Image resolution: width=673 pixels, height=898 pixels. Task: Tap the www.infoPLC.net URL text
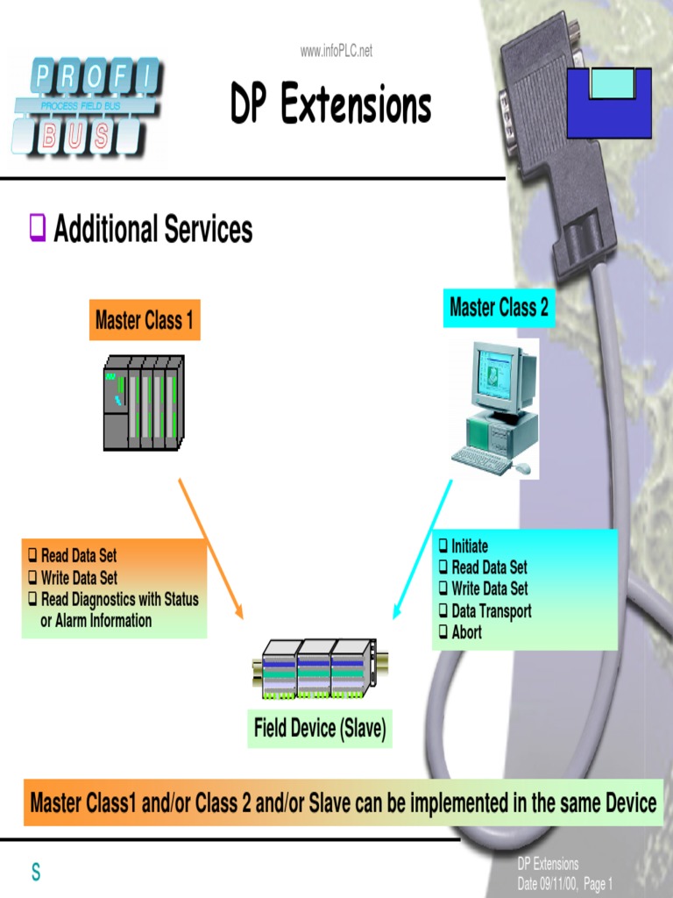coord(336,51)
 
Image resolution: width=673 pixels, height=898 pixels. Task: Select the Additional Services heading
coord(152,230)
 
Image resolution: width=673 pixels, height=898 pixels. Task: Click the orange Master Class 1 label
coord(145,321)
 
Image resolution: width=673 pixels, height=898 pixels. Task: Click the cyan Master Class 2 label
coord(499,308)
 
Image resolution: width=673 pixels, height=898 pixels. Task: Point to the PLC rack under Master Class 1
coord(144,403)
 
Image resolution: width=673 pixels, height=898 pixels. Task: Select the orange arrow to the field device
coord(210,549)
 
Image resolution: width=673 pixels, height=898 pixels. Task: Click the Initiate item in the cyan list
coord(470,546)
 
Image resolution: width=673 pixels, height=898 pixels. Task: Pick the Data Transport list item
coord(491,611)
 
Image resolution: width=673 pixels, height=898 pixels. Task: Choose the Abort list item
coord(466,632)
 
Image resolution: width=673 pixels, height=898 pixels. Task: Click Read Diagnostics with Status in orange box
coord(119,600)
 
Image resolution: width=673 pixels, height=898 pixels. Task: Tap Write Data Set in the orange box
coord(79,578)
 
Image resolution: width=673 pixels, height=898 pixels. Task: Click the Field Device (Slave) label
coord(320,728)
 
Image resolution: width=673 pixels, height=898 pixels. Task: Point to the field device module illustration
coord(315,671)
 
